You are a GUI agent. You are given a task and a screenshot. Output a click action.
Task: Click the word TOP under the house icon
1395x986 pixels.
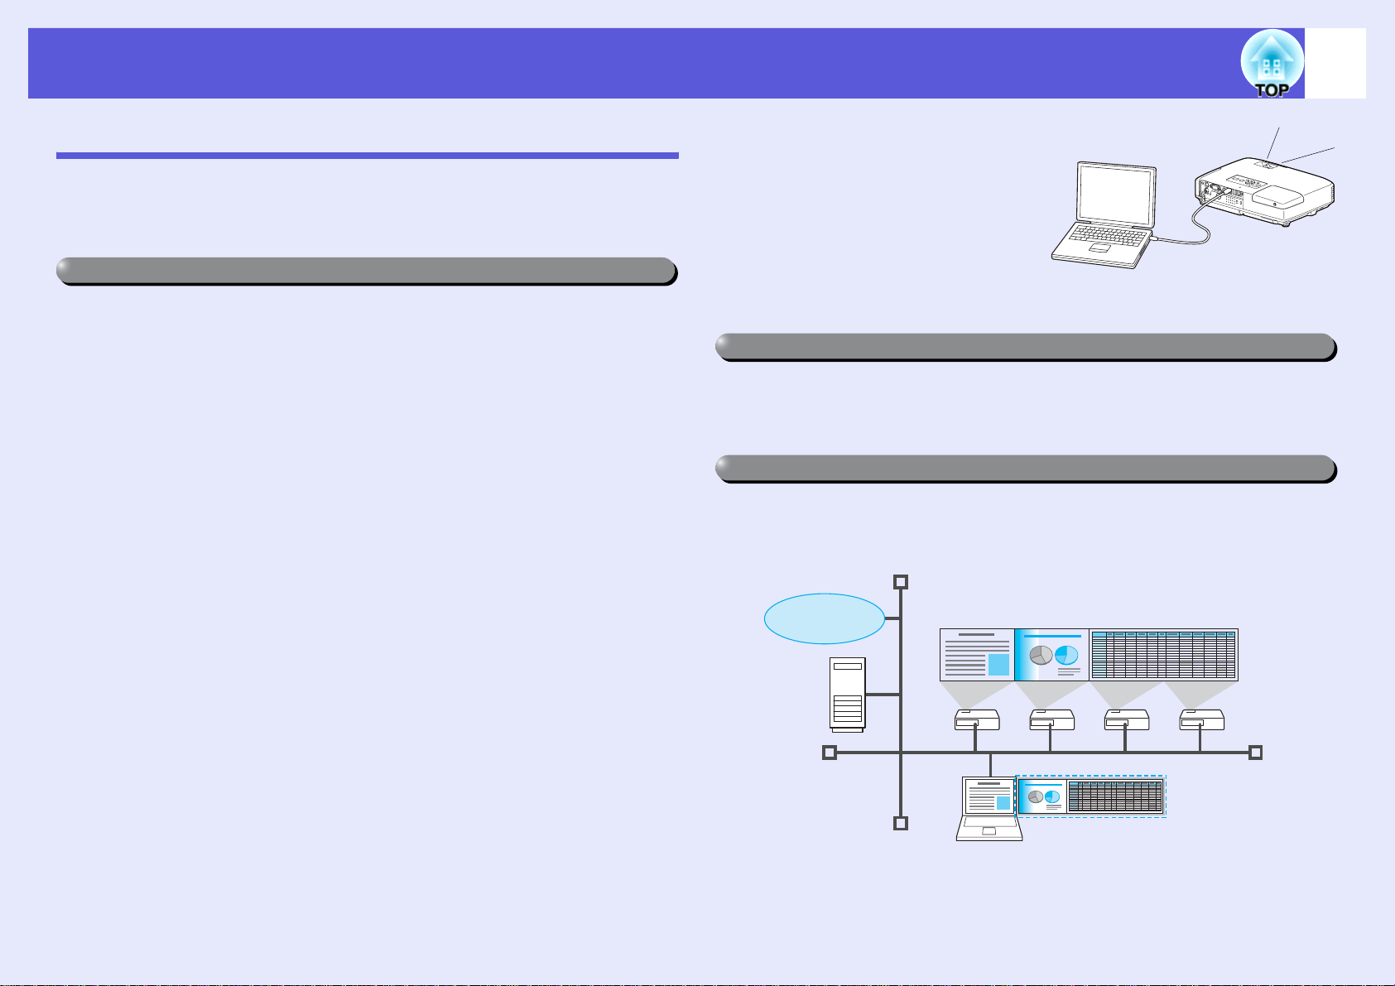(x=1272, y=90)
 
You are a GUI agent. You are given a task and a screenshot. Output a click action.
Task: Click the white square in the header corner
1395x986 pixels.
(x=1335, y=63)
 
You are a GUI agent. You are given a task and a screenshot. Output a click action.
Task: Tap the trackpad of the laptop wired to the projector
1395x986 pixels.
(x=1099, y=248)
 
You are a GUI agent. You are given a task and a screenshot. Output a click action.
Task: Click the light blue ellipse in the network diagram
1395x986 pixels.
(x=824, y=618)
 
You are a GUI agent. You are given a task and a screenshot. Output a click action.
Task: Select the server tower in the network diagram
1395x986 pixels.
(x=848, y=695)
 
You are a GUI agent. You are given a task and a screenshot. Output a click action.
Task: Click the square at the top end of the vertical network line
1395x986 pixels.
(x=901, y=582)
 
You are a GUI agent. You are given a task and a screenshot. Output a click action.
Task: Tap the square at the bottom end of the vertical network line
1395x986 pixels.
(x=901, y=823)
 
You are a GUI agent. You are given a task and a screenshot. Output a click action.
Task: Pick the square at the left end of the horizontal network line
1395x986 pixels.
(x=830, y=753)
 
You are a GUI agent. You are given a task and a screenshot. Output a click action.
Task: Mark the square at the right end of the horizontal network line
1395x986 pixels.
(x=1255, y=753)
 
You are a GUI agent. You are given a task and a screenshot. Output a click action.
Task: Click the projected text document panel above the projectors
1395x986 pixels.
(x=977, y=655)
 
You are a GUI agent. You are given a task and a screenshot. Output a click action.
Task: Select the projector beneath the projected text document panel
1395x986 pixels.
(x=977, y=720)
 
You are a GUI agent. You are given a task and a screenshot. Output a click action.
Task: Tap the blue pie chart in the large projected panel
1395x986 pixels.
(x=1066, y=655)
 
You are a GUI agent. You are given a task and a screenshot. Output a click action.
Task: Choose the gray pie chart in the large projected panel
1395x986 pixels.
(x=1041, y=655)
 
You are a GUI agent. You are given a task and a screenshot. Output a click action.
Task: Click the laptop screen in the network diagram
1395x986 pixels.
(x=989, y=796)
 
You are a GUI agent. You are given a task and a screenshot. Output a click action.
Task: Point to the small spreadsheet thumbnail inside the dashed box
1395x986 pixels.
(x=1114, y=796)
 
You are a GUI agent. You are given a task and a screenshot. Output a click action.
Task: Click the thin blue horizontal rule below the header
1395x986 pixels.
(x=368, y=156)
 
